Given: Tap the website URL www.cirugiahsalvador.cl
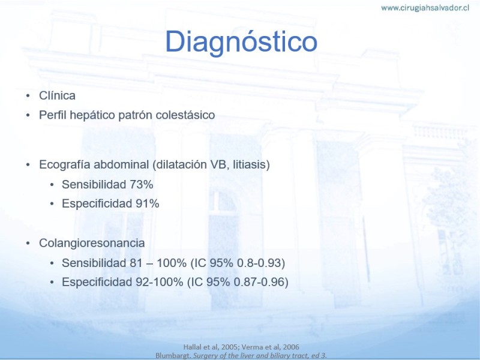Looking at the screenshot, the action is pyautogui.click(x=425, y=8).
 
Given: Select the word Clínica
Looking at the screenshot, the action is pyautogui.click(x=57, y=95).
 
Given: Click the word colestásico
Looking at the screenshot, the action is pyautogui.click(x=185, y=115).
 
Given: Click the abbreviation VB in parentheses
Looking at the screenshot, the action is pyautogui.click(x=220, y=164).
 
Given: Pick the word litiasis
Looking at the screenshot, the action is pyautogui.click(x=251, y=164).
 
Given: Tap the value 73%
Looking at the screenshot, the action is pyautogui.click(x=142, y=185).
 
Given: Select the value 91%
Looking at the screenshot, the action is pyautogui.click(x=147, y=203).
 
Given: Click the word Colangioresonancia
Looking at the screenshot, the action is pyautogui.click(x=92, y=243).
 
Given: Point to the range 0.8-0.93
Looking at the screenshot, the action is pyautogui.click(x=261, y=263).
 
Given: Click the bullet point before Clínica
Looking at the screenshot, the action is pyautogui.click(x=28, y=96).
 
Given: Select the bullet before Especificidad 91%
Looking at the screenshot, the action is pyautogui.click(x=52, y=204).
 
